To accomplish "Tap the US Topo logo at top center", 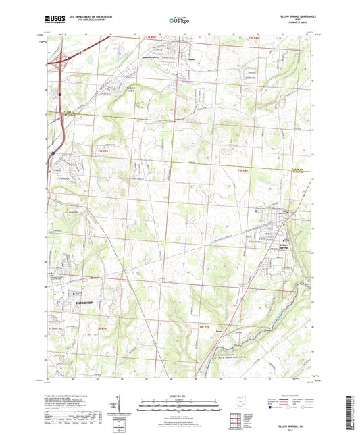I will (x=180, y=20).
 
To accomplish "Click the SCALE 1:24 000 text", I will (x=180, y=395).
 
